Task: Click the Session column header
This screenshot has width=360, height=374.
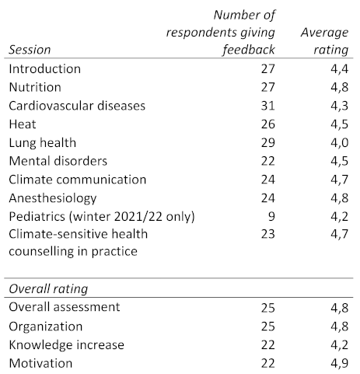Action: coord(30,50)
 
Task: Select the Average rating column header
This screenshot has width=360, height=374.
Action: coord(324,41)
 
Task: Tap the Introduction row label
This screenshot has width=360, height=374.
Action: coord(45,69)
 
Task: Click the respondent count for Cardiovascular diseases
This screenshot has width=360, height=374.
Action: coord(267,106)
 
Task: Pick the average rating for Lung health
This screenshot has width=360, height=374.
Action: coord(340,143)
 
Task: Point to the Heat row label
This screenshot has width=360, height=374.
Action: coord(23,124)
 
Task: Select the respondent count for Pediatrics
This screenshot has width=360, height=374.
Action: coord(271,216)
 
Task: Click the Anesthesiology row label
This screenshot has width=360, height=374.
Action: coord(53,198)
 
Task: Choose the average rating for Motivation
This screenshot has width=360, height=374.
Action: coord(340,363)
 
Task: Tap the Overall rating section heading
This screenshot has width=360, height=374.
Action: coord(48,288)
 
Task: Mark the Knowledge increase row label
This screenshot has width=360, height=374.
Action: coord(67,345)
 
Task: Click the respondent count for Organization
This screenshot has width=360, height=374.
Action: coord(267,327)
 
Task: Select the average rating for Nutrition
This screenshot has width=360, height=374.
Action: coord(340,87)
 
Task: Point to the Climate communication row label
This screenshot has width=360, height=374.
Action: coord(78,180)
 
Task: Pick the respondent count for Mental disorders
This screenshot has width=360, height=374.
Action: coord(267,161)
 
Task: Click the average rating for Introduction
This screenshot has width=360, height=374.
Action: coord(340,69)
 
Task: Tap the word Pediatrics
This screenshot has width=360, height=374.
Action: coord(37,216)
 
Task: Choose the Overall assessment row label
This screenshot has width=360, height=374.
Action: coord(65,307)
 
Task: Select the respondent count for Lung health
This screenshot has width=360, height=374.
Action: coord(267,143)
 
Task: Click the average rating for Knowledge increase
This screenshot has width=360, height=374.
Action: coord(340,345)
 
